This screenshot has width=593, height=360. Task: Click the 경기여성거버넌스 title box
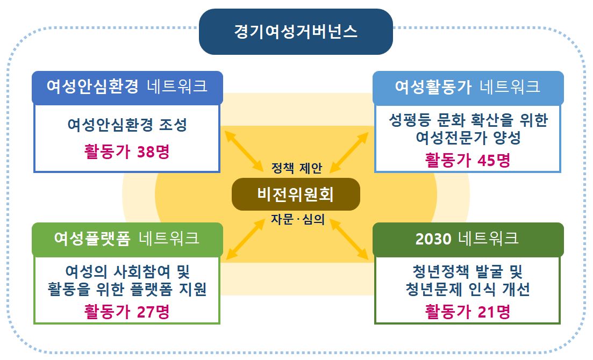[x=296, y=32]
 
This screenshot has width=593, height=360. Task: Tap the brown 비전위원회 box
[x=296, y=195]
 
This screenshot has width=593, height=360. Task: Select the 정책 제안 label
[x=297, y=168]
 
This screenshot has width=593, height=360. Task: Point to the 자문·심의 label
[x=298, y=219]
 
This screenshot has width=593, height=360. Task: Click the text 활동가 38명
[x=127, y=152]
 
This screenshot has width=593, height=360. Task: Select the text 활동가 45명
[x=468, y=160]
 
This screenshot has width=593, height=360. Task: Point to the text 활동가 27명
[x=127, y=312]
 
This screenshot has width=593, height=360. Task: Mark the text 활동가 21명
[x=468, y=312]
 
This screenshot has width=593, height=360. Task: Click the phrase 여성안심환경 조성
[x=127, y=125]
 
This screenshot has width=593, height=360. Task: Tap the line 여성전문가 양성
[x=468, y=138]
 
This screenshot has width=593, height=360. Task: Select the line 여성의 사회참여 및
[x=127, y=271]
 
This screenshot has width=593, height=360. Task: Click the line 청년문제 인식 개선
[x=468, y=289]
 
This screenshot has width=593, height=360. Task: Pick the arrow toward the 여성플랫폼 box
[x=246, y=239]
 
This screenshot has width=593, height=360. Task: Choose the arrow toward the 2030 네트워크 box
[x=349, y=239]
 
